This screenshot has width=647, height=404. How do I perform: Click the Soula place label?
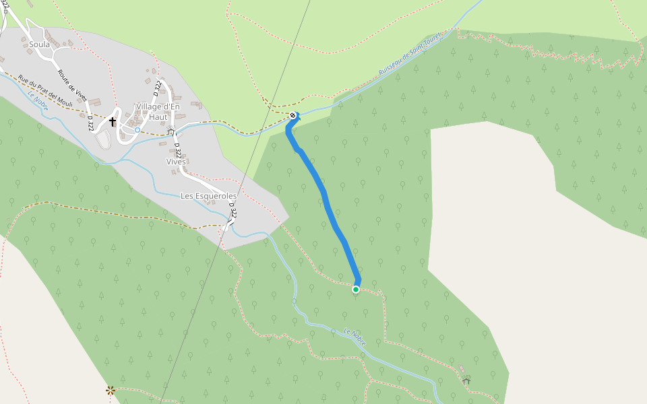(39, 44)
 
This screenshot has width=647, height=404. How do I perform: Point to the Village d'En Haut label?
(158, 112)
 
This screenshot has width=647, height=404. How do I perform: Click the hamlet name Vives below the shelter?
(176, 162)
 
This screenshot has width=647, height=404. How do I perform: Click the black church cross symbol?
(113, 122)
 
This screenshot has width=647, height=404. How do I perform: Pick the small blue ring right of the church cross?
(137, 129)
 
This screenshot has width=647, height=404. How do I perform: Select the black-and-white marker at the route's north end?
(292, 116)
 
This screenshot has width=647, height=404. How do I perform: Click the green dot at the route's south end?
(356, 290)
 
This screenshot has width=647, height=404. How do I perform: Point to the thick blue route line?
(326, 198)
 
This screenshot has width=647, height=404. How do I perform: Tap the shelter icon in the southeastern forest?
(466, 381)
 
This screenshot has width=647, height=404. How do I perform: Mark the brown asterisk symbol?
(111, 390)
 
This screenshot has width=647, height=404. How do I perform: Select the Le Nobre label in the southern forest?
(355, 337)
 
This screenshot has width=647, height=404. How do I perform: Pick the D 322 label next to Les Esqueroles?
(233, 210)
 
